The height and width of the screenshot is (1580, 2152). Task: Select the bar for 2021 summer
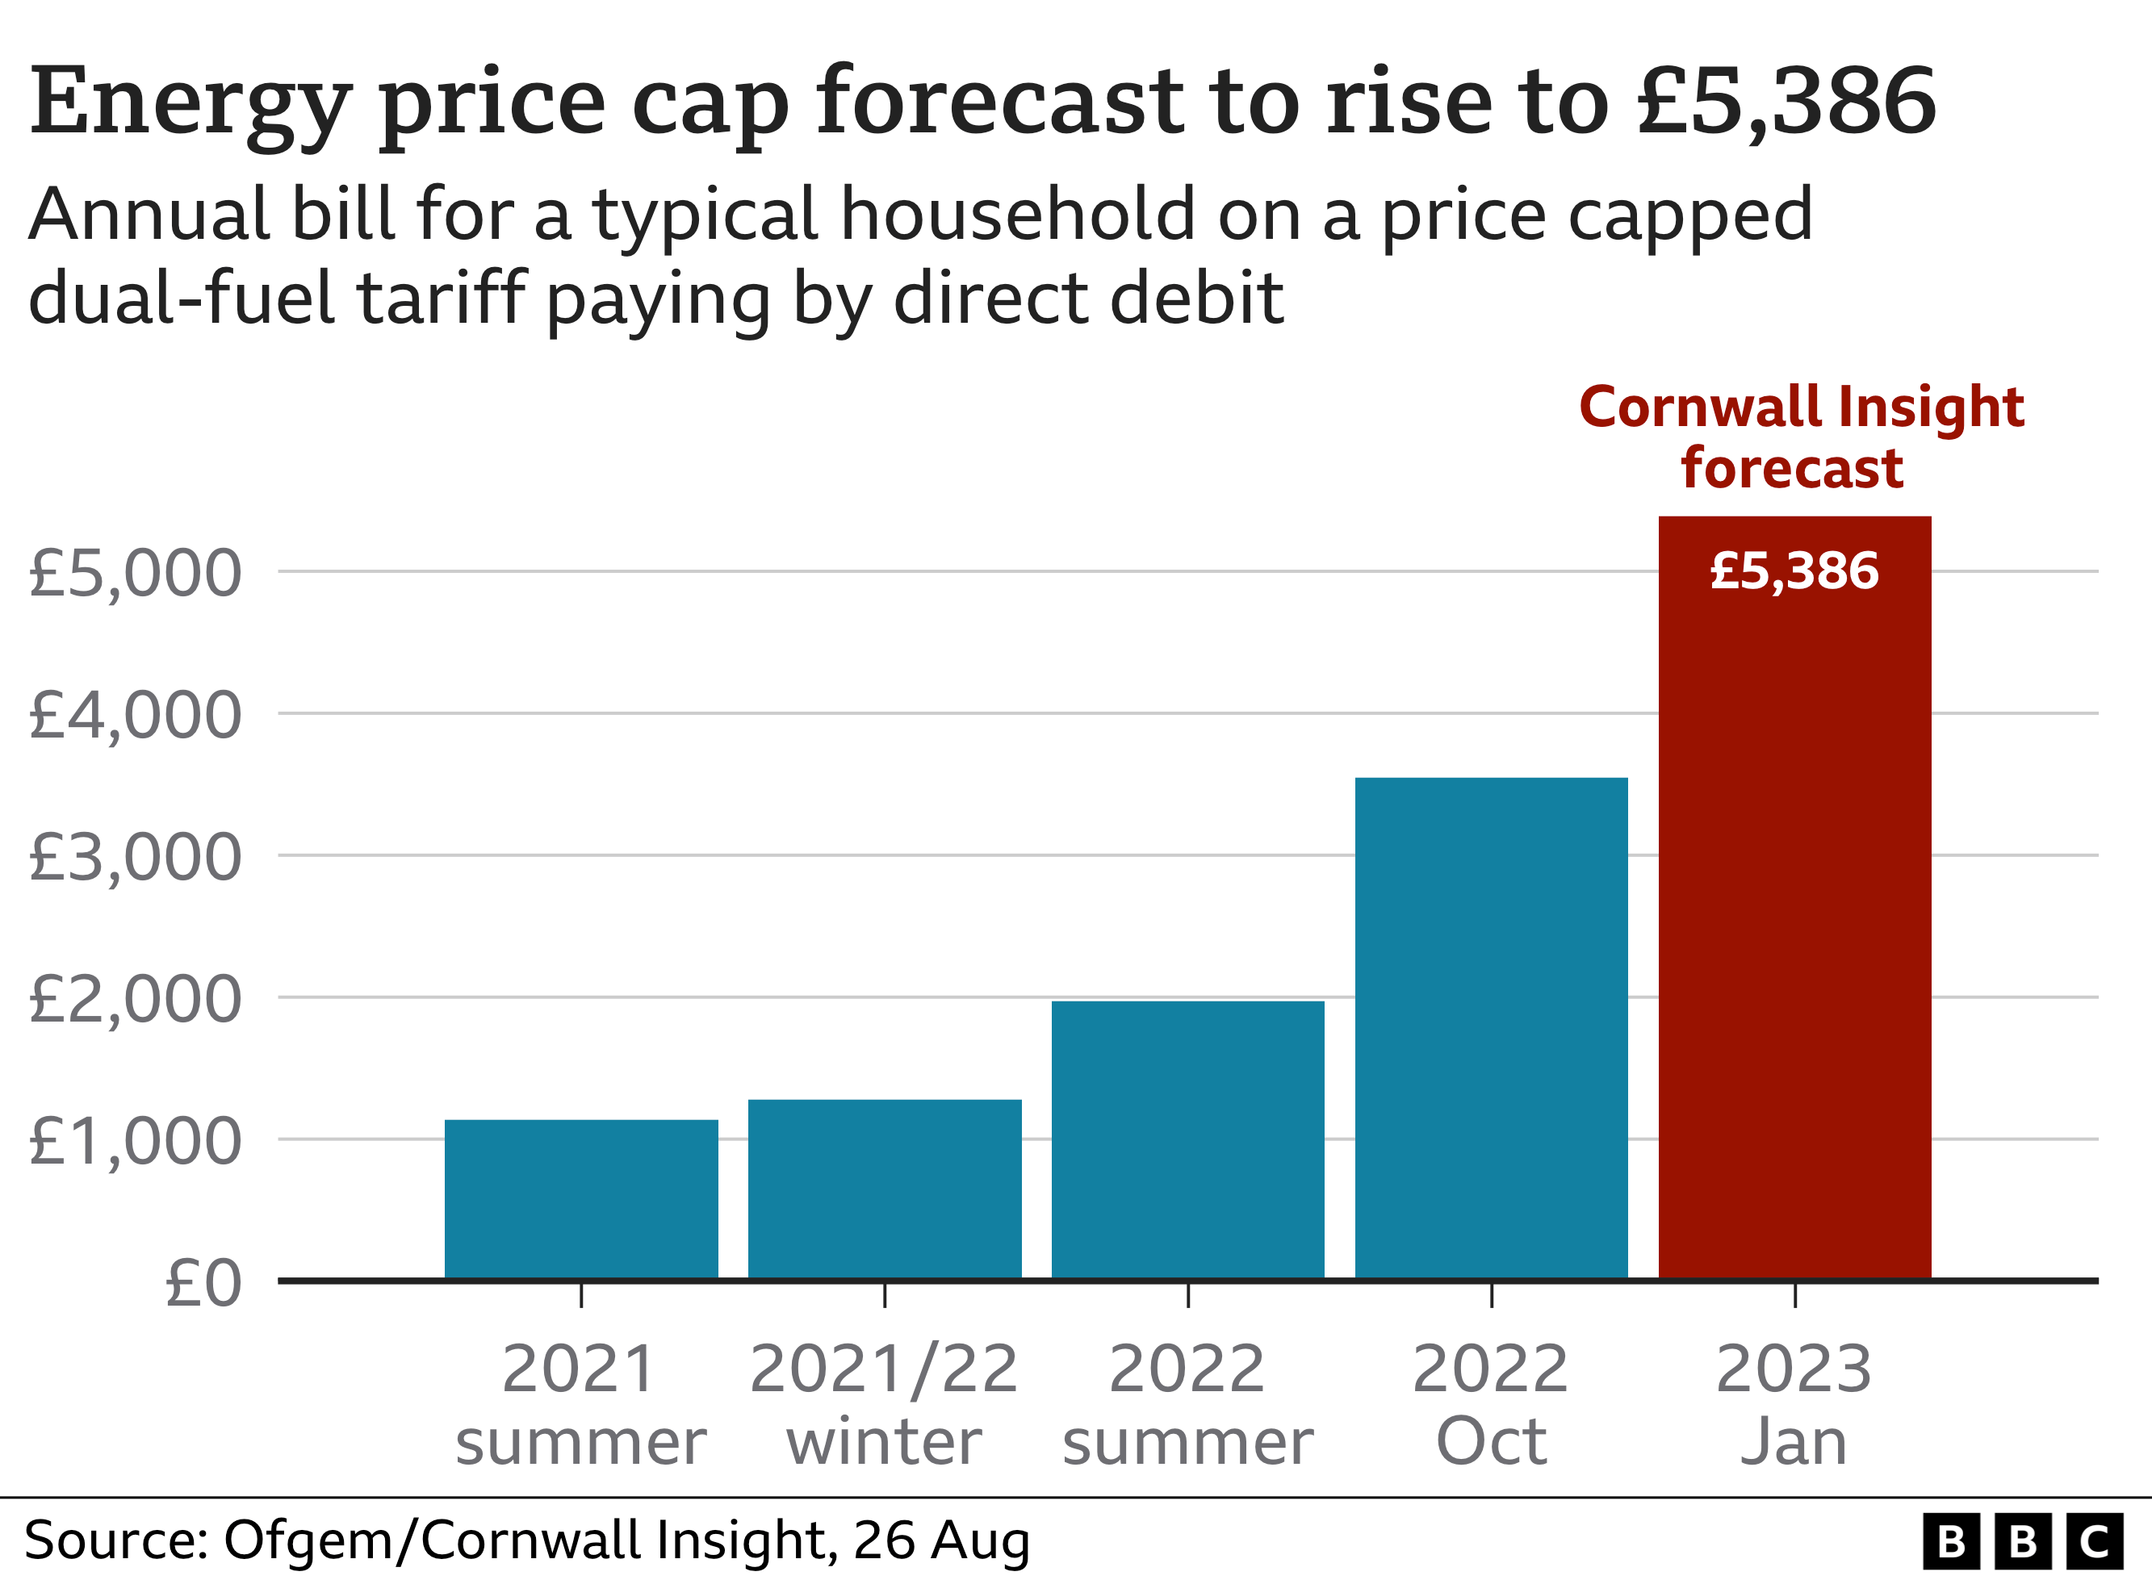click(x=580, y=1199)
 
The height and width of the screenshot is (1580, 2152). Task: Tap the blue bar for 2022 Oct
click(x=1490, y=1028)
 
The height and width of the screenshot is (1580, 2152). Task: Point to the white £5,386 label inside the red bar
click(x=1794, y=571)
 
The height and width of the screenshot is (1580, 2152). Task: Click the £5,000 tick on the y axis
click(x=135, y=574)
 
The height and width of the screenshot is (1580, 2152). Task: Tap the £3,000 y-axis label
click(x=135, y=857)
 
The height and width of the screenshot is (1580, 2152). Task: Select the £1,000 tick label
click(x=135, y=1141)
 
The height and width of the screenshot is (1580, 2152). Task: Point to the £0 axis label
click(x=203, y=1282)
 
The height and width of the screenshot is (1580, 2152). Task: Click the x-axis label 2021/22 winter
click(x=884, y=1404)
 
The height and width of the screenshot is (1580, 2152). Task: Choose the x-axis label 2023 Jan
click(x=1794, y=1404)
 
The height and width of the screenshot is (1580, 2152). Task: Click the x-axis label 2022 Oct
click(x=1490, y=1404)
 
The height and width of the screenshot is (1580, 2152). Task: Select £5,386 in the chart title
click(x=1786, y=102)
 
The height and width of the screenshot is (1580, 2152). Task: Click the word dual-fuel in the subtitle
click(x=182, y=298)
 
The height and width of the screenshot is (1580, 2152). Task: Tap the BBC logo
click(x=2022, y=1542)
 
